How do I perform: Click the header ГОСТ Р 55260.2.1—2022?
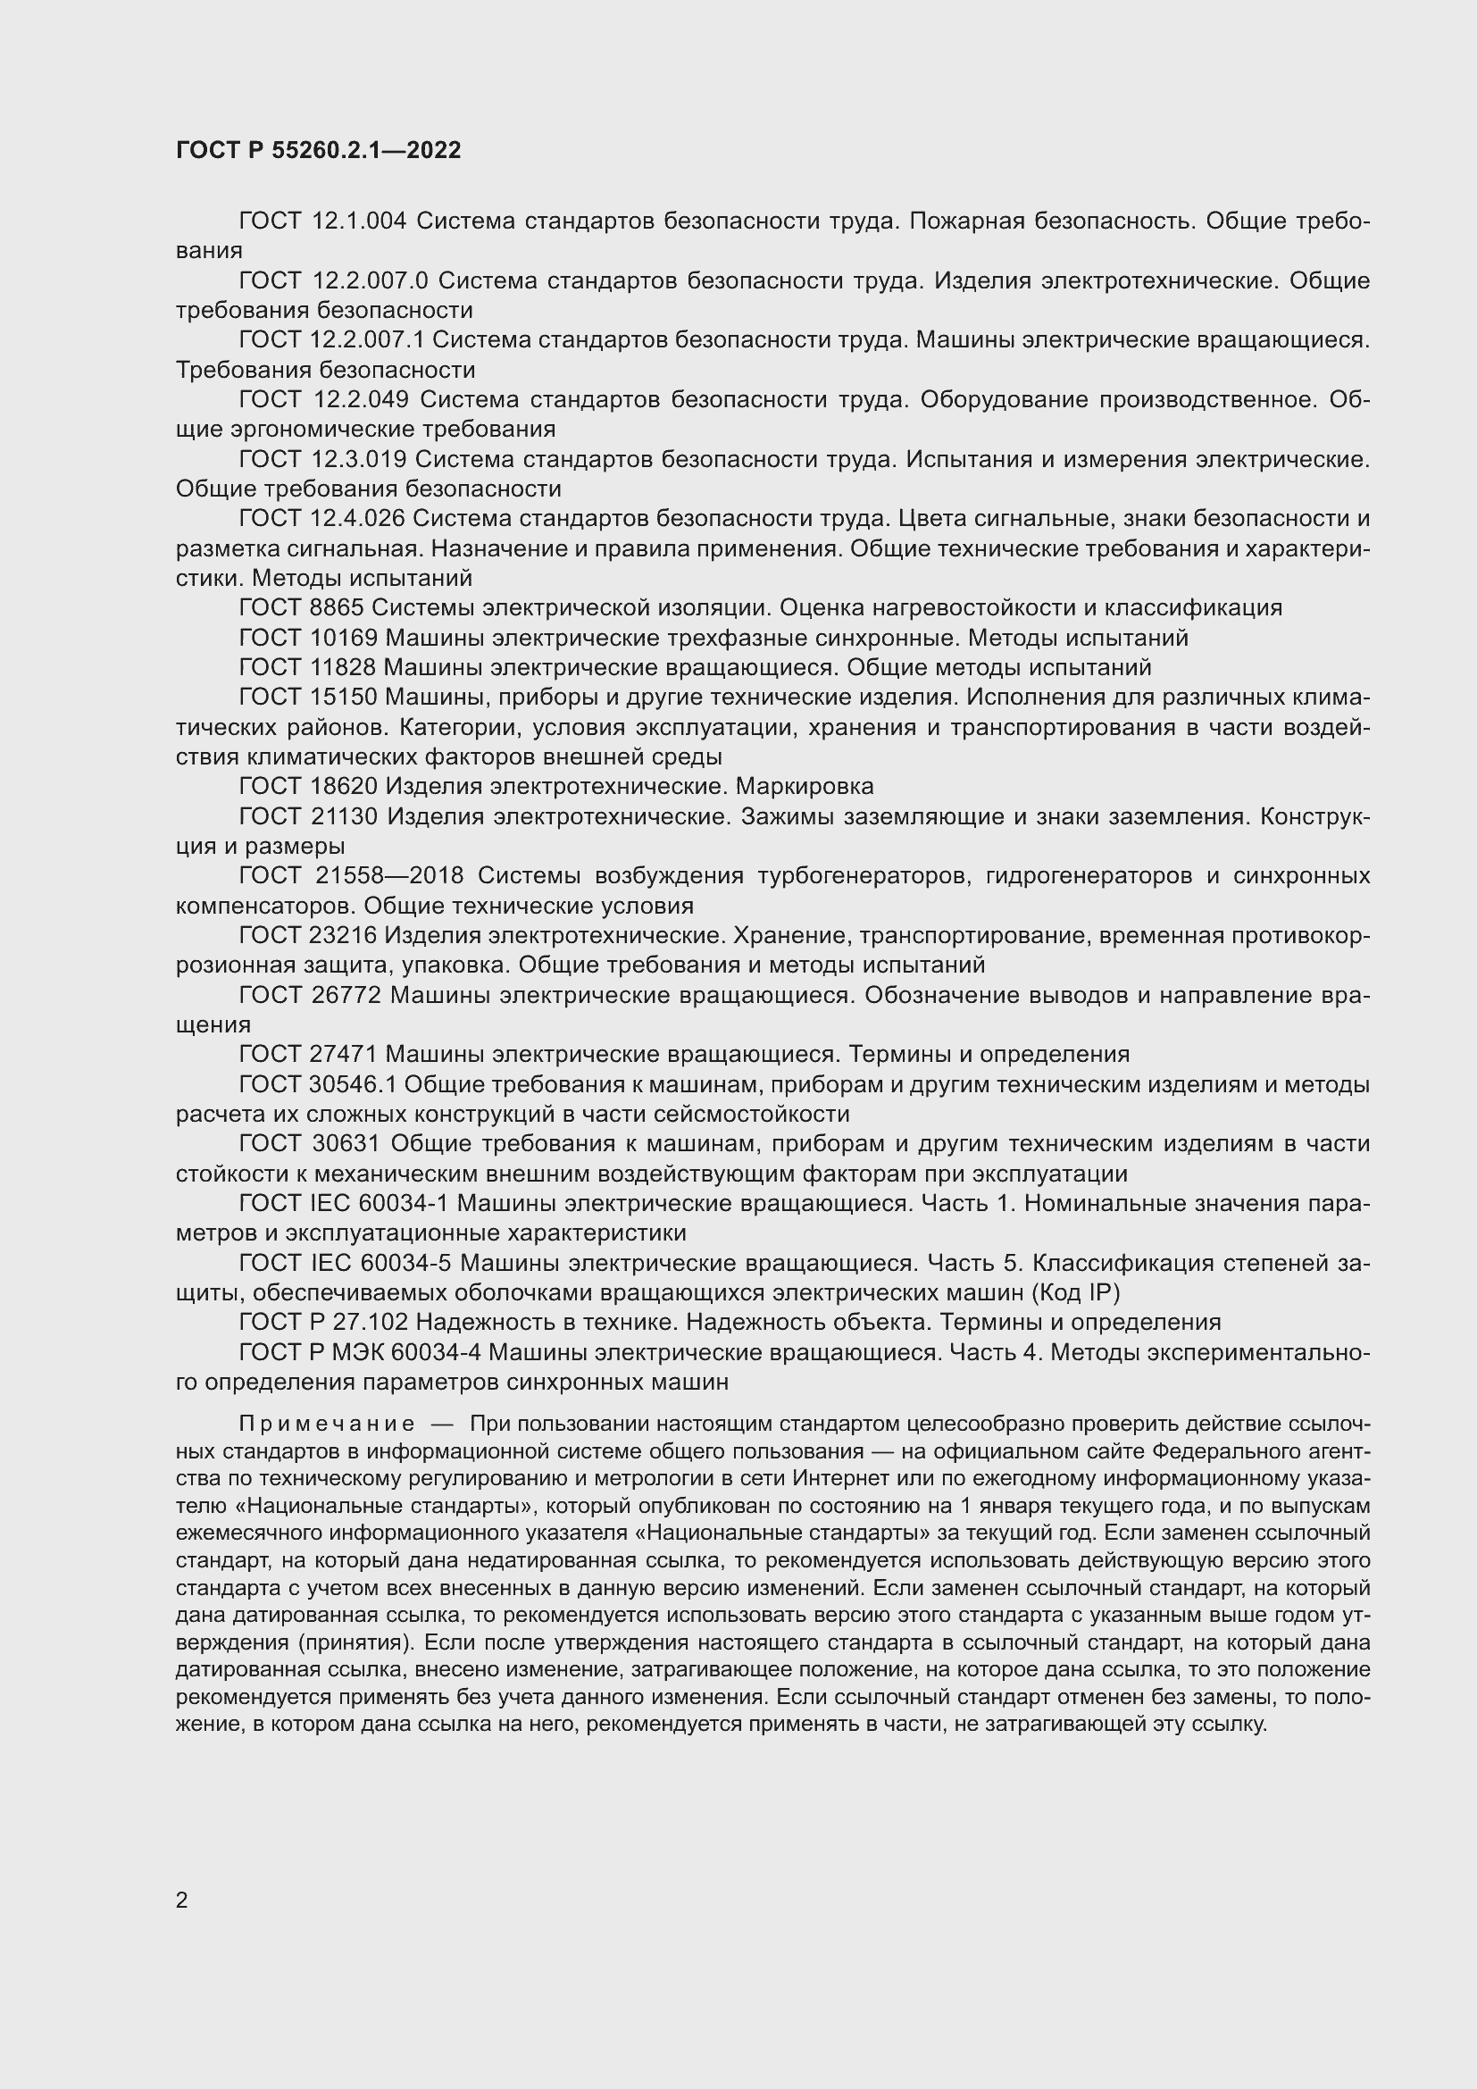click(318, 150)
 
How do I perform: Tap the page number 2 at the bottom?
click(182, 1900)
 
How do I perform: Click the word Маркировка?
click(804, 786)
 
